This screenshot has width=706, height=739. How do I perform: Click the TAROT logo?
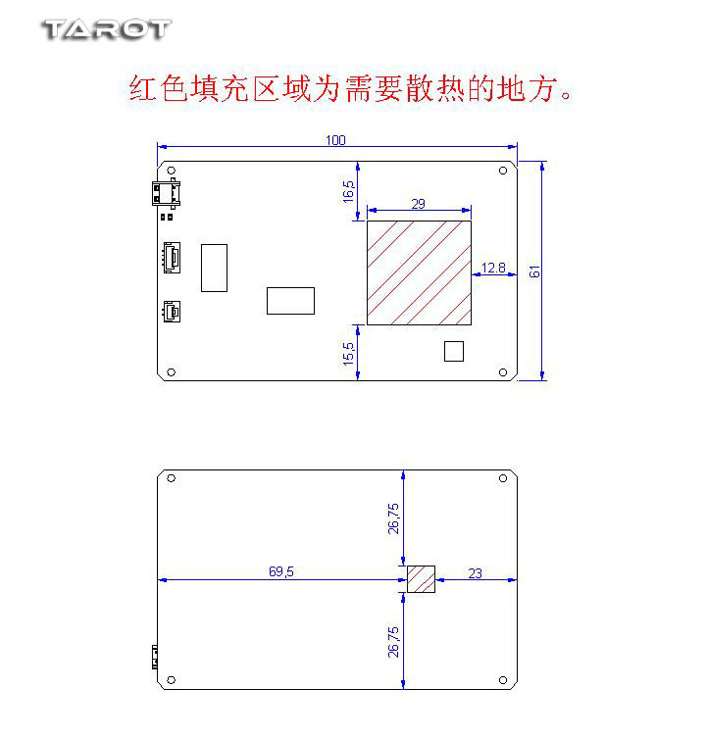106,29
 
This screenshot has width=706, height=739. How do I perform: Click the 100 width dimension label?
335,140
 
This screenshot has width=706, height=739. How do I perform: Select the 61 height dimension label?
534,271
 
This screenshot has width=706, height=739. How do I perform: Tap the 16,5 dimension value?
348,191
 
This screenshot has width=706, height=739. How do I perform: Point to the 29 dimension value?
418,204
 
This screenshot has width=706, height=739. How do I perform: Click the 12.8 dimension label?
493,268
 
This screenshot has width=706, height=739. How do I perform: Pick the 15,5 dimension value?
348,354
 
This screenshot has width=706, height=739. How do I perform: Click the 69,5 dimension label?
281,571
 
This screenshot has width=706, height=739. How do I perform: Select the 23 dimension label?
475,573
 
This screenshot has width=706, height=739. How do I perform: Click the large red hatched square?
419,272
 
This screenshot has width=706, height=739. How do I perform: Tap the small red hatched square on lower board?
421,579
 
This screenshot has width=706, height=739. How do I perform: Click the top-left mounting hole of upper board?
172,171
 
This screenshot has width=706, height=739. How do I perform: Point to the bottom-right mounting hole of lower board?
503,680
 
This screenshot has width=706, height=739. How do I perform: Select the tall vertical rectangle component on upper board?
214,268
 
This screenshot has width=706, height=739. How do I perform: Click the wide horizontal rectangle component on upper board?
290,301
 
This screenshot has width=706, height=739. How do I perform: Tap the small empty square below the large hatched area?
454,351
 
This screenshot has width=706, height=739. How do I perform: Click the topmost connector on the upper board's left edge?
166,193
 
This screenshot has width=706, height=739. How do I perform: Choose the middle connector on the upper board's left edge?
172,258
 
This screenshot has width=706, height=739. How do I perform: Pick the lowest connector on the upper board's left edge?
172,312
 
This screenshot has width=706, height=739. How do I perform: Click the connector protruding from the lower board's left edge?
155,658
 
